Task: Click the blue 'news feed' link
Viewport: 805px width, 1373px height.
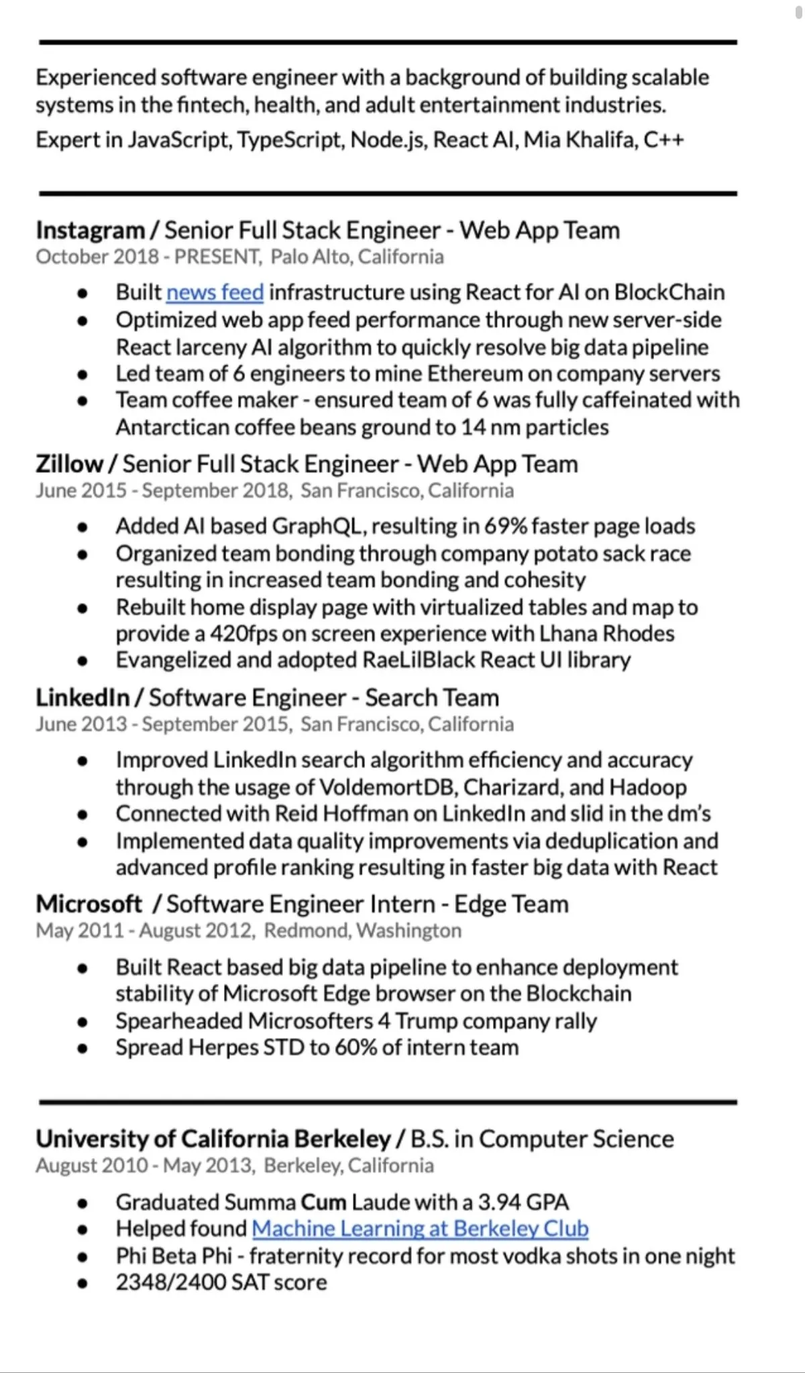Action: coord(215,293)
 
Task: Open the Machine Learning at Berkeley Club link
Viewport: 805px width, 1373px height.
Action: coord(420,1229)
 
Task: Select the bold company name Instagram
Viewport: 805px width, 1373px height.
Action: coord(91,231)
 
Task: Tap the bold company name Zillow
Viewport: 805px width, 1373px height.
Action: coord(69,464)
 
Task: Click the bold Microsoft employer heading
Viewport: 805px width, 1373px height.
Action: coord(89,904)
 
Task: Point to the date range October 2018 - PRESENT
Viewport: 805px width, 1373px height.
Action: coord(148,257)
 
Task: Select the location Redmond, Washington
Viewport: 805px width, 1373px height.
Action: coord(362,931)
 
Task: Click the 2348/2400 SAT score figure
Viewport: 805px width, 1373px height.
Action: coord(170,1282)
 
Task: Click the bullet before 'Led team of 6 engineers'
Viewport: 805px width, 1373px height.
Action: coord(83,375)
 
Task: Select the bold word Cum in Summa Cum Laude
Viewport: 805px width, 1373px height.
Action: coord(323,1202)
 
